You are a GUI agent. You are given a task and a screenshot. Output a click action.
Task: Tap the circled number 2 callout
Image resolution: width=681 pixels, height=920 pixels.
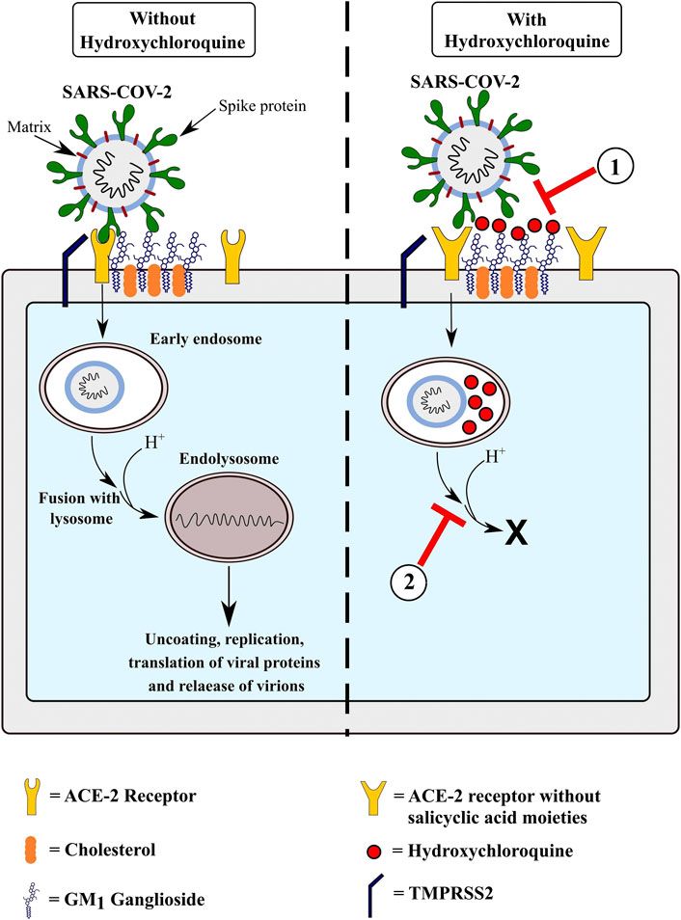[x=410, y=581]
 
